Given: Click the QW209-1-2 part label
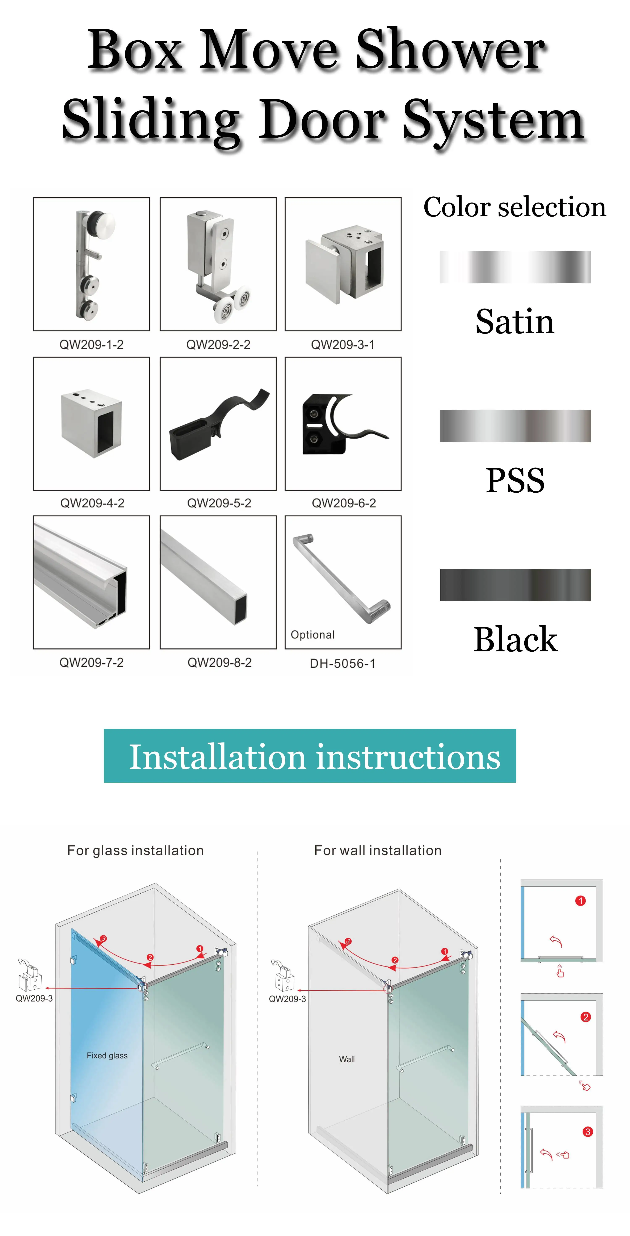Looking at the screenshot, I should [x=91, y=345].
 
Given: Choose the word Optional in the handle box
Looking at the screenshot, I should [x=312, y=635].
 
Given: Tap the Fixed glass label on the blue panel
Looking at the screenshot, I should [x=107, y=1056].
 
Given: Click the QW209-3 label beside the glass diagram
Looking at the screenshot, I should [x=34, y=998].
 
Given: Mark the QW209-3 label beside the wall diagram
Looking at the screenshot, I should [x=287, y=999].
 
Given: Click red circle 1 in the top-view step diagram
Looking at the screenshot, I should [x=580, y=901].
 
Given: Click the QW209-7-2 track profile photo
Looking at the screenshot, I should [x=91, y=582].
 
